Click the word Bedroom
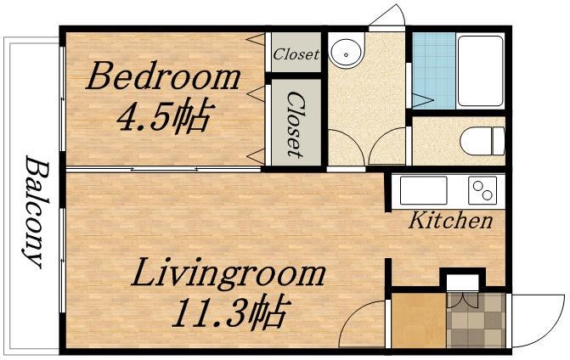point(163,76)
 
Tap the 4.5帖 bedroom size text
point(164,115)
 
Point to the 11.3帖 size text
point(230,313)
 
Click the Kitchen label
point(450,220)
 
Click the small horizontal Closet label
point(296,54)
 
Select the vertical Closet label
point(295,124)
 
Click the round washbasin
point(346,50)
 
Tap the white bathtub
point(480,70)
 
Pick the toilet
point(482,141)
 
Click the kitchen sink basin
point(424,190)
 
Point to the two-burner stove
point(483,190)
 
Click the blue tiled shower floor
point(434,70)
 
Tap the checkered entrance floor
point(476,320)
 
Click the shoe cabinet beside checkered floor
point(419,320)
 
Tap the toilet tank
point(498,141)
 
